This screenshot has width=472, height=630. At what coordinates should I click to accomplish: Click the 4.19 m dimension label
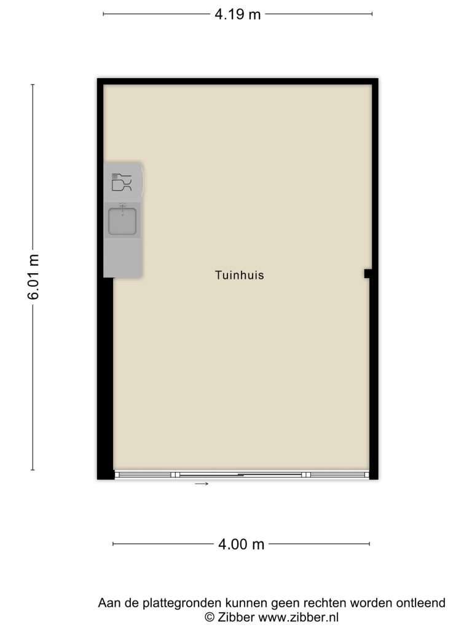click(x=238, y=15)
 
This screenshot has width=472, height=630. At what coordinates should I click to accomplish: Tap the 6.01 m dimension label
click(x=33, y=277)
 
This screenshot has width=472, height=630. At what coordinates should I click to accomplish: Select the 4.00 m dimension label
click(x=241, y=544)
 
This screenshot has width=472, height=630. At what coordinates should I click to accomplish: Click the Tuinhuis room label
click(x=239, y=275)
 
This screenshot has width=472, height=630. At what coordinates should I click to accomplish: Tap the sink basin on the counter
click(x=122, y=221)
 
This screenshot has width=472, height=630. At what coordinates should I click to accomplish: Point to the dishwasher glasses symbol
click(x=122, y=182)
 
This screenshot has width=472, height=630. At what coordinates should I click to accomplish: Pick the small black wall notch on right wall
click(x=368, y=274)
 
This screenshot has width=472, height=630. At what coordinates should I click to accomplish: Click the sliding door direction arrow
click(x=202, y=484)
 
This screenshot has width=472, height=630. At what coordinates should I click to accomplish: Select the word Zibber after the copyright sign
click(x=236, y=617)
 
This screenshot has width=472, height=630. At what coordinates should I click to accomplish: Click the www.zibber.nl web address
click(x=298, y=617)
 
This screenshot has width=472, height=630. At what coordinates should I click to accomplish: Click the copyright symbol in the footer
click(x=210, y=617)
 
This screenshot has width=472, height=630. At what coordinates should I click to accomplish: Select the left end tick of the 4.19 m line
click(x=103, y=14)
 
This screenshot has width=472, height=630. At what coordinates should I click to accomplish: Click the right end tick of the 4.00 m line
click(x=369, y=544)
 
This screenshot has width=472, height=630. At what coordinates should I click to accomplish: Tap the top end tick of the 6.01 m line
click(x=33, y=85)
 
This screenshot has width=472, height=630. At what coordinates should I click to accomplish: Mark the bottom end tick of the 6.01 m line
click(x=33, y=469)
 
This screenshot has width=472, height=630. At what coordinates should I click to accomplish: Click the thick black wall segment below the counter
click(x=106, y=378)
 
